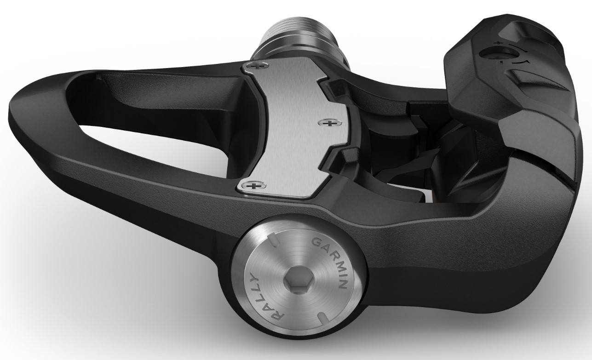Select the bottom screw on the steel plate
[250, 186]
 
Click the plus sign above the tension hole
[498, 43]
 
